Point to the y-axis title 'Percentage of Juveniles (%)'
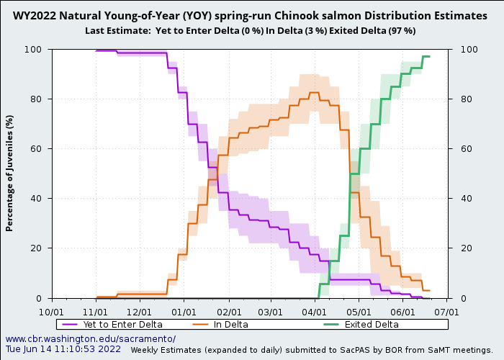(x=9, y=174)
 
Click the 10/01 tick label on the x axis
(x=51, y=312)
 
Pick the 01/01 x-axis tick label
(x=184, y=312)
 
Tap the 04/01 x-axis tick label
(x=315, y=312)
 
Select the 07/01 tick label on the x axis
(x=447, y=312)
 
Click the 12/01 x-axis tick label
(x=140, y=312)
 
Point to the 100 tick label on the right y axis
(x=461, y=50)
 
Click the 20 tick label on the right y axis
(x=459, y=248)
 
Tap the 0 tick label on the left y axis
(x=42, y=298)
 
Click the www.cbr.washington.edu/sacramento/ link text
(x=91, y=339)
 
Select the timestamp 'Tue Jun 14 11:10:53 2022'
(x=63, y=349)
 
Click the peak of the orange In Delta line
(x=314, y=92)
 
